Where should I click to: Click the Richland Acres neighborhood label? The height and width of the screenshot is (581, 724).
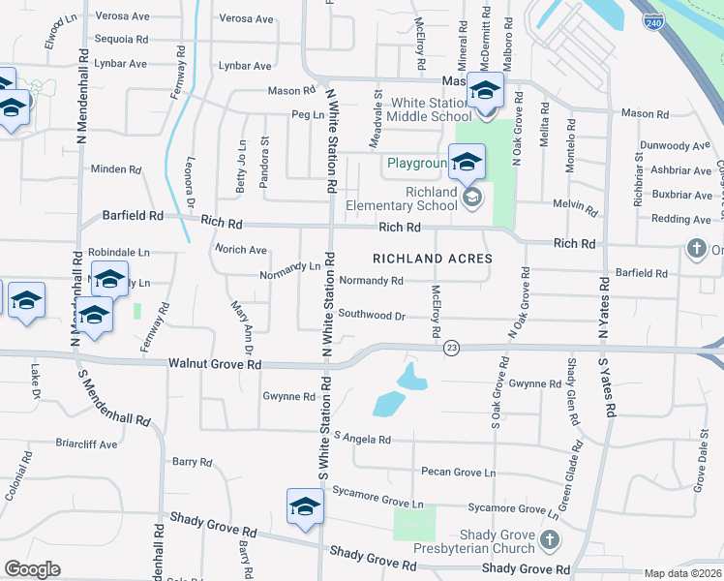[433, 259]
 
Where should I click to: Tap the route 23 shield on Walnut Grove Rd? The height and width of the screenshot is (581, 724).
[451, 347]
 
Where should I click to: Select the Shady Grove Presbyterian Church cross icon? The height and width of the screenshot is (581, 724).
[549, 538]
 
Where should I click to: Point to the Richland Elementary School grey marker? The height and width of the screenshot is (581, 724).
[472, 198]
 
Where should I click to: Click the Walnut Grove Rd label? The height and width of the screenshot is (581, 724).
[215, 364]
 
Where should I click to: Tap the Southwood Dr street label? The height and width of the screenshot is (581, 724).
[371, 315]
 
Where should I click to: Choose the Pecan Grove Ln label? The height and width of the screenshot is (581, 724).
[458, 473]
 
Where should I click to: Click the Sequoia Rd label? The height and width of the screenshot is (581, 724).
[121, 40]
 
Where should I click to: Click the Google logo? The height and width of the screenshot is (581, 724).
[32, 569]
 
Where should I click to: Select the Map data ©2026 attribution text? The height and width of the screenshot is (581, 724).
[682, 573]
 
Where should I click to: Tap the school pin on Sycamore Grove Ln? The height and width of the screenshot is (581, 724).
[305, 507]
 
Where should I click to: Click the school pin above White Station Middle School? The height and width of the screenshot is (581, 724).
[486, 91]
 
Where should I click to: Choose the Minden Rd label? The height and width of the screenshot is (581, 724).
[115, 169]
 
